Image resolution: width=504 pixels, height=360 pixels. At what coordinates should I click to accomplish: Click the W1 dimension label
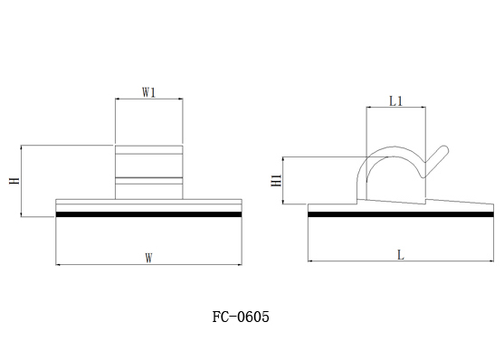pyautogui.click(x=148, y=93)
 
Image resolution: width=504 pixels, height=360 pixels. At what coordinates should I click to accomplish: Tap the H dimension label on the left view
pyautogui.click(x=14, y=181)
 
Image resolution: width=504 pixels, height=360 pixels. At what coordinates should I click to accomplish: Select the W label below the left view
pyautogui.click(x=148, y=258)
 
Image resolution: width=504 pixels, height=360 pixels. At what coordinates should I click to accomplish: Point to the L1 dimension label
pyautogui.click(x=396, y=101)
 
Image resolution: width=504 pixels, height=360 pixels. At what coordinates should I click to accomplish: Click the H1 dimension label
pyautogui.click(x=276, y=180)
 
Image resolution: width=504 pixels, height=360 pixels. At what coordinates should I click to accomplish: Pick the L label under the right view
pyautogui.click(x=401, y=255)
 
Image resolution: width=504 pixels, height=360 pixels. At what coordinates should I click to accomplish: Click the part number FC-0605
pyautogui.click(x=241, y=317)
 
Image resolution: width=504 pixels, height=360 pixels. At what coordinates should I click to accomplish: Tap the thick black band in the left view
pyautogui.click(x=148, y=214)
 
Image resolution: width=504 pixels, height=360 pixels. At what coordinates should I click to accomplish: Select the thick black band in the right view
pyautogui.click(x=401, y=214)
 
